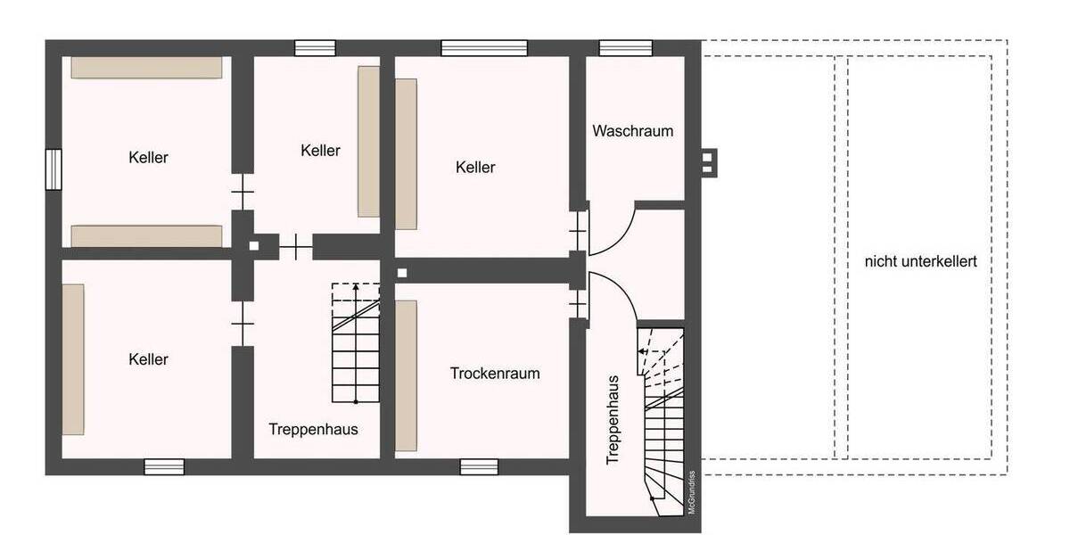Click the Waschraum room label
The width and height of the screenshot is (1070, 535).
(632, 131)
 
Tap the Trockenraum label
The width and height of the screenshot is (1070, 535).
(495, 374)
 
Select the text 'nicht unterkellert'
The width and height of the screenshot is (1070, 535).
(920, 261)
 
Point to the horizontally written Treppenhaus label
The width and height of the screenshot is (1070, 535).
(313, 429)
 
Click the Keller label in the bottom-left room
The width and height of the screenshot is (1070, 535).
(148, 359)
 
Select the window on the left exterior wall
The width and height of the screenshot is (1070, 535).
(53, 169)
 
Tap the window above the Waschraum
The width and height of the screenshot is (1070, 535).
(625, 47)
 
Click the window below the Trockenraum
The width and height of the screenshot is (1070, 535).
(479, 466)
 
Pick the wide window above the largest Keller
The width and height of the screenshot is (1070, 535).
(483, 47)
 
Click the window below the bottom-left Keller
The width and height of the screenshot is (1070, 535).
(164, 466)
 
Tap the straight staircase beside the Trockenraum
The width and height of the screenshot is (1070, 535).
(356, 343)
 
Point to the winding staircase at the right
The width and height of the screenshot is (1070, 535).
(662, 419)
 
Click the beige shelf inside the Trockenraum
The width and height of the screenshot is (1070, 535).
(407, 375)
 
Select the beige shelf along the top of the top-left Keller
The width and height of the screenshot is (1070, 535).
(146, 68)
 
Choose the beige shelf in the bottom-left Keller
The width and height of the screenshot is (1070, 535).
(73, 358)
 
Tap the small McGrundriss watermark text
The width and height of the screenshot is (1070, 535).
(691, 491)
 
